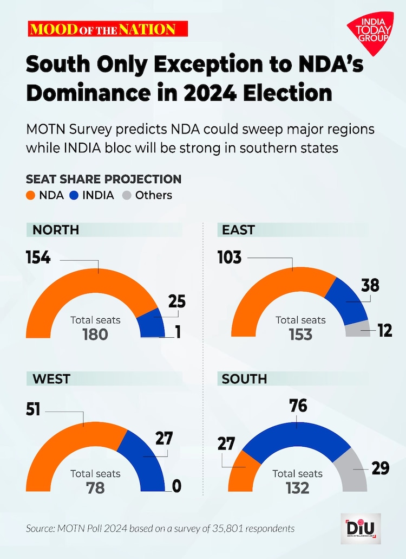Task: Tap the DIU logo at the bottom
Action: [361, 528]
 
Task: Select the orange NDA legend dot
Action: [30, 195]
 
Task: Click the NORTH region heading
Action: [56, 229]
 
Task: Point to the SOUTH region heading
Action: [244, 380]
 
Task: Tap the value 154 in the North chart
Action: [38, 258]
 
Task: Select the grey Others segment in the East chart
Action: [356, 330]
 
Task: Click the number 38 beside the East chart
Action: [371, 285]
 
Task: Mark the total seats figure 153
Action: [300, 334]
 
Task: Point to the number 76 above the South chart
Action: [298, 406]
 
